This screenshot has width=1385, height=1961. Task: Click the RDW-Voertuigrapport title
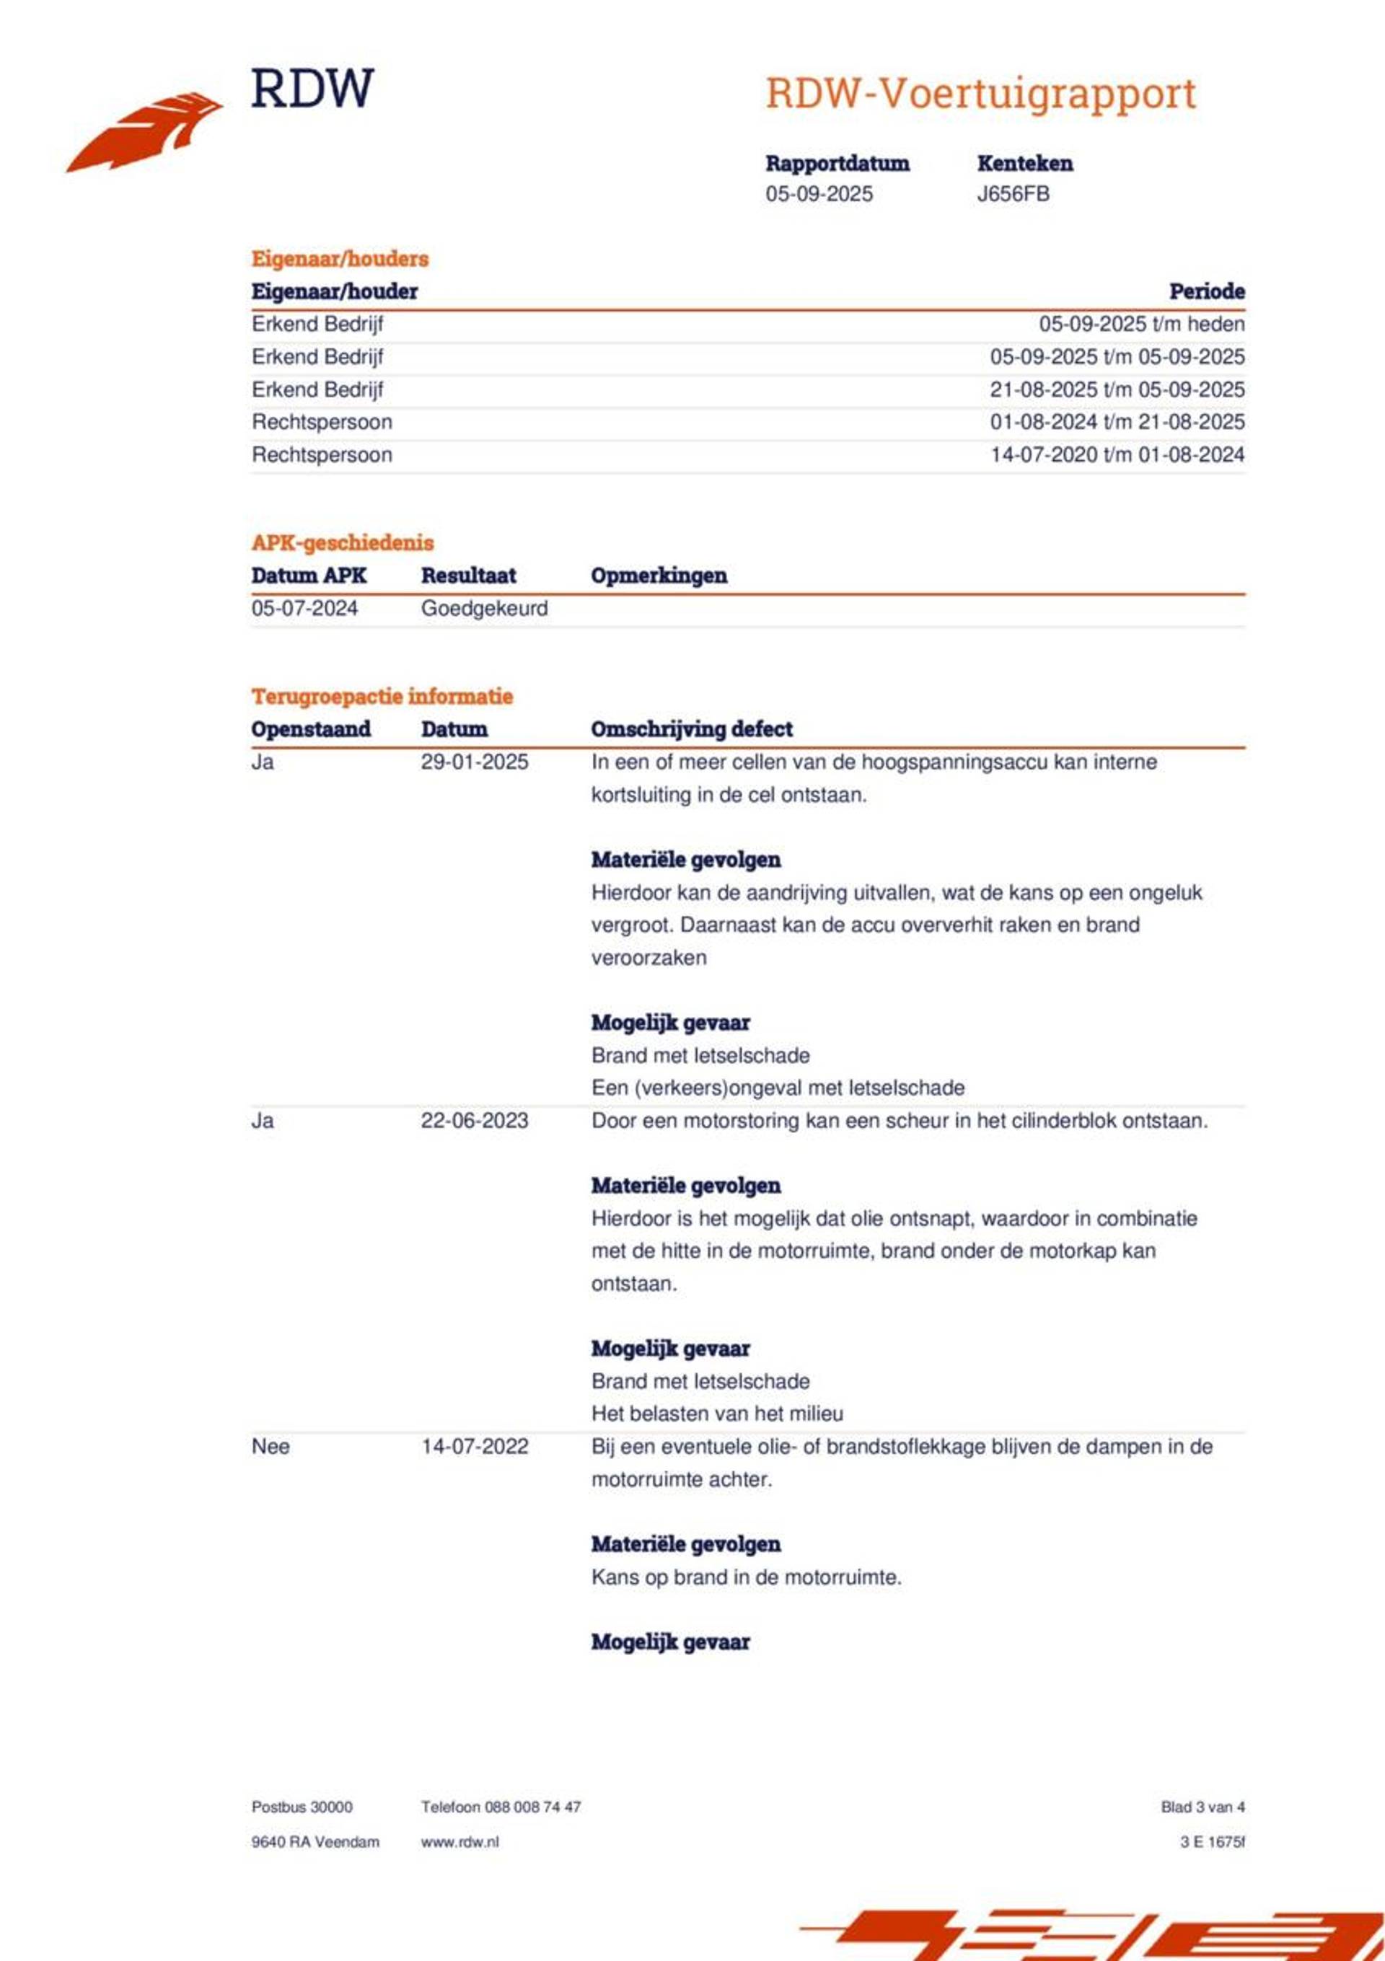coord(980,93)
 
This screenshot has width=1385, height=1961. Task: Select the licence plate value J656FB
coord(1014,194)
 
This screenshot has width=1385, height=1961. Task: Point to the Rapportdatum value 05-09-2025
coord(819,194)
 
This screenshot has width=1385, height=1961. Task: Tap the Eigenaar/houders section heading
coord(339,259)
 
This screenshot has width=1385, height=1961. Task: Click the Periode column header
coord(1206,291)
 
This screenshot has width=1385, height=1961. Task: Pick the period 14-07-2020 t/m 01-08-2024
coord(1117,454)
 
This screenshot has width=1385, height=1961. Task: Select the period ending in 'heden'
coord(1141,324)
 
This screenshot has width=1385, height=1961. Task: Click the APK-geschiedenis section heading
coord(342,542)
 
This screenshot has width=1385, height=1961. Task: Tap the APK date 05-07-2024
coord(304,608)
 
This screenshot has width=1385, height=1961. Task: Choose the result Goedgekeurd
coord(483,608)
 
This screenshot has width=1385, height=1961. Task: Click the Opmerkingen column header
coord(659,576)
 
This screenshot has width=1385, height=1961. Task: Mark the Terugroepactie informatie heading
coord(382,696)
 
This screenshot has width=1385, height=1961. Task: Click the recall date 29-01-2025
coord(474,762)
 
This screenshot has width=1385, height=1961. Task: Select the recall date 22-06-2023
coord(474,1121)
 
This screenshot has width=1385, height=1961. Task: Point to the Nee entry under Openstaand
coord(270,1446)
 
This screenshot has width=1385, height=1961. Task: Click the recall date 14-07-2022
coord(474,1446)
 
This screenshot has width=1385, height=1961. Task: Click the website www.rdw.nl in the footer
coord(460,1841)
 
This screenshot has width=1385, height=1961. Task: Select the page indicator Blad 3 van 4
coord(1202,1807)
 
